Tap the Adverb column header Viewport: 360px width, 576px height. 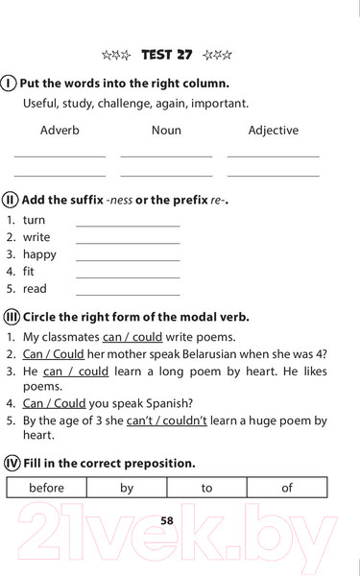coord(60,131)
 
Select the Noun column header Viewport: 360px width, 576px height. coord(166,131)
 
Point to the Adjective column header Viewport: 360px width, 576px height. coord(273,131)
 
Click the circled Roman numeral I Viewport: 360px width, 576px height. coord(10,83)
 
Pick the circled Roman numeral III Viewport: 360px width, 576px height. coord(12,316)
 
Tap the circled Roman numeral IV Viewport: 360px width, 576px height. coord(12,462)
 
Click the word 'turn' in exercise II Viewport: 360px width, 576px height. coord(35,220)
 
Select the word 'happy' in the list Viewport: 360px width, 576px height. coord(40,254)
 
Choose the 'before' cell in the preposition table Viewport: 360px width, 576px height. coord(46,489)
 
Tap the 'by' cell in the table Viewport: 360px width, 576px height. coord(127,489)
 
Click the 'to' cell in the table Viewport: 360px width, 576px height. coord(206,489)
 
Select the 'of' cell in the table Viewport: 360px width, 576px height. coord(286,489)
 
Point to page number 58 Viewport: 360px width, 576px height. coord(167,519)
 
